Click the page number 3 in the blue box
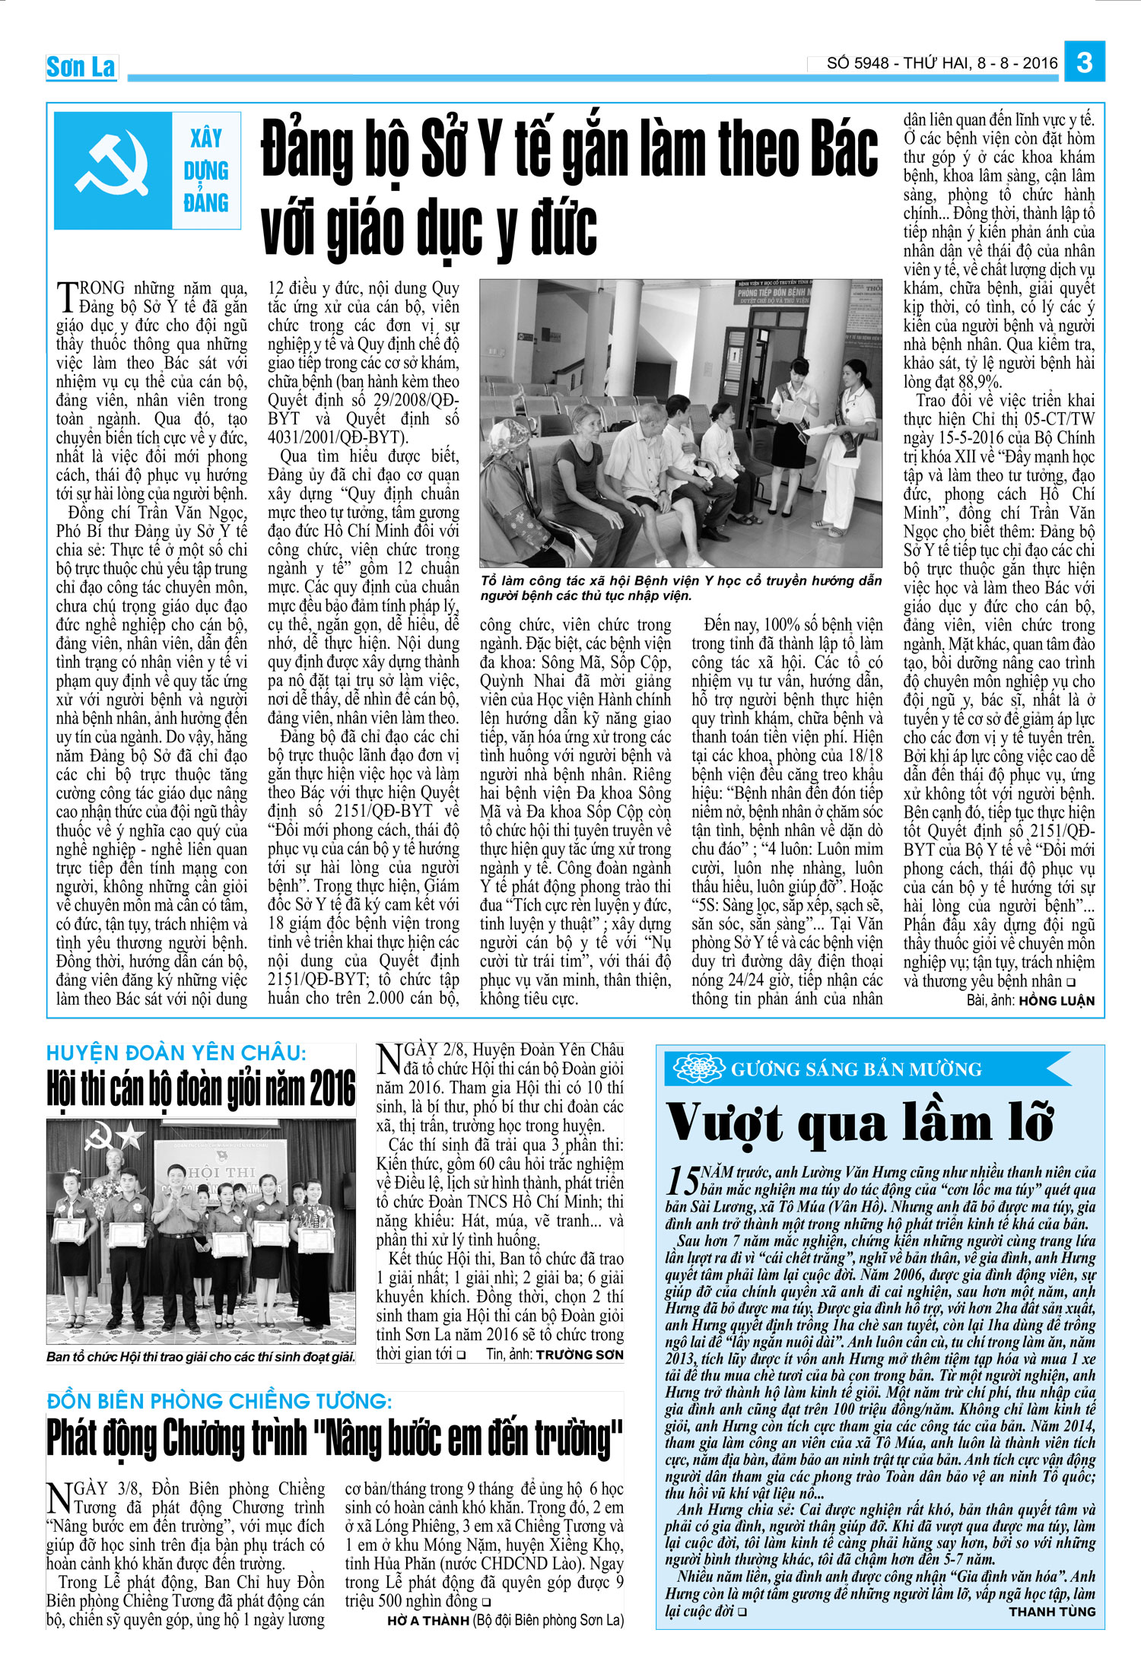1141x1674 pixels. [1085, 62]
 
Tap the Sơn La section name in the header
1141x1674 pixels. [81, 67]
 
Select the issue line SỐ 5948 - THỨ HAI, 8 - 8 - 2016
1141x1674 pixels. [942, 63]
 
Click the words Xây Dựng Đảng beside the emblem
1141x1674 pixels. [206, 170]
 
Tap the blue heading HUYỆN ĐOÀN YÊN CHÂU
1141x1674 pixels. [176, 1053]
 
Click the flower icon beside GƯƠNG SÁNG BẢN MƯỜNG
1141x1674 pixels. [698, 1069]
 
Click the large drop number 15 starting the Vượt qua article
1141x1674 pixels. [682, 1180]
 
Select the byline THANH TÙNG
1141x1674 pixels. [1052, 1612]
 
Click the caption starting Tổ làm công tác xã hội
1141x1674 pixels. [681, 588]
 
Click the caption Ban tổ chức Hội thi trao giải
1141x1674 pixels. [201, 1357]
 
